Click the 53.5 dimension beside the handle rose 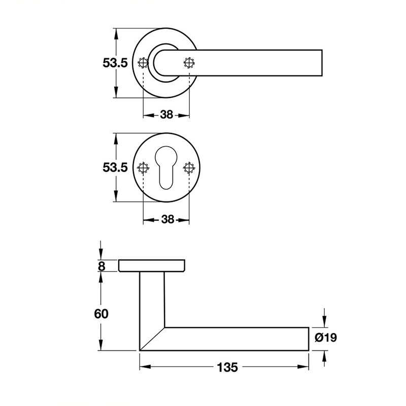(115, 63)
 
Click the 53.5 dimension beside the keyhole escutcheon (115, 167)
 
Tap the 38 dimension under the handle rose (166, 115)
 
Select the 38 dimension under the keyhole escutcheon (167, 219)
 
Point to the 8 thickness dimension (101, 266)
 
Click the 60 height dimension (101, 314)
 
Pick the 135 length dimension (227, 367)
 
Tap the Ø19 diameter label (326, 337)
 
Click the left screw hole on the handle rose (143, 62)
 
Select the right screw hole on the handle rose (189, 62)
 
